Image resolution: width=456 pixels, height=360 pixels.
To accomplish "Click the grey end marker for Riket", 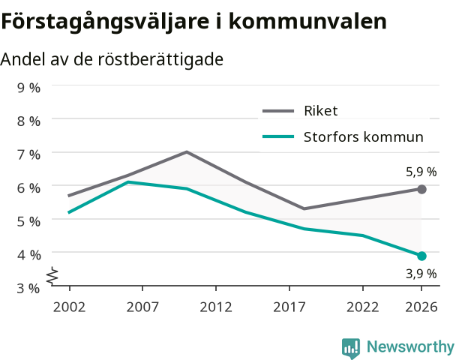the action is coord(421,189).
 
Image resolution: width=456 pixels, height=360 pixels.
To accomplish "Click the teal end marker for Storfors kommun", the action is coord(421,256).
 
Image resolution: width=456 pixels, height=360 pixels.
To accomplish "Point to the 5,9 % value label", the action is coord(421,172).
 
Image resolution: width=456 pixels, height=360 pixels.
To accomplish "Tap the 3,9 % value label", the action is coord(421,274).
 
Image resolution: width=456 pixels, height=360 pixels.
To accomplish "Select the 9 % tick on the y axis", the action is coord(28,88).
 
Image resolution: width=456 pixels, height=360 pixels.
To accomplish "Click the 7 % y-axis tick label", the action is coord(28,154).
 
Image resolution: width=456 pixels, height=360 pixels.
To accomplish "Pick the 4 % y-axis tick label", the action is coord(28,255).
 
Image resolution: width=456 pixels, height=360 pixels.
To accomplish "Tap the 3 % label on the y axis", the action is coord(28,289).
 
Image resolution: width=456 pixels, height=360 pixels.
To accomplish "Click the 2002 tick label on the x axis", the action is coord(70,307).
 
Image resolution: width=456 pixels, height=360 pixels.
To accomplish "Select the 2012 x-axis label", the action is coord(216,307).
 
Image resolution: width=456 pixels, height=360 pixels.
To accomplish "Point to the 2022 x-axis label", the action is coord(363,307).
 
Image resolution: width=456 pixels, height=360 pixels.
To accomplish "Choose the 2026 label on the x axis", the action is coord(421,307).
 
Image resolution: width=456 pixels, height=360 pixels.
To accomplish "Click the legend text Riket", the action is coord(321,111).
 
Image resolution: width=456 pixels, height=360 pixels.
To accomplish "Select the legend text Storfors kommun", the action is coord(364,137).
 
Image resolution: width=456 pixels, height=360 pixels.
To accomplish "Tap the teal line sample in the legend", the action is coord(278,136).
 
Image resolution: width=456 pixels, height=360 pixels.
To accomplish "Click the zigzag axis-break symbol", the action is coord(52,275).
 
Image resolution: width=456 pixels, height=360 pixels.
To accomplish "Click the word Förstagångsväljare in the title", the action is coord(105,22).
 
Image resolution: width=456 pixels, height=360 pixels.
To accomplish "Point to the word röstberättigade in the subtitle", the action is coord(160,59).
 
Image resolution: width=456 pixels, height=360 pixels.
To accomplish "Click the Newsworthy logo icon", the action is coord(351,348).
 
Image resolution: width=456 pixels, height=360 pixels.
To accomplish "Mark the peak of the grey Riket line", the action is coord(187,151).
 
